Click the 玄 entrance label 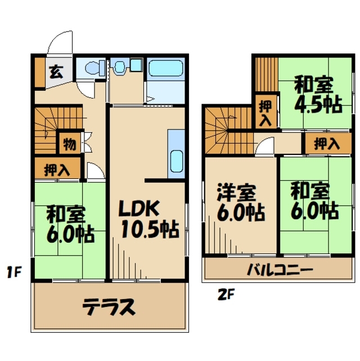pyautogui.click(x=55, y=72)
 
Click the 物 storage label pyautogui.click(x=70, y=143)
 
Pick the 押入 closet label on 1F pyautogui.click(x=56, y=170)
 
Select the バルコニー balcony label pyautogui.click(x=280, y=270)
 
